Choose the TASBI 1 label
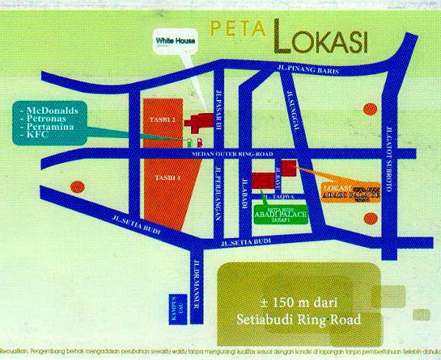click(163, 178)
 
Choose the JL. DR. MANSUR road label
click(195, 276)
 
